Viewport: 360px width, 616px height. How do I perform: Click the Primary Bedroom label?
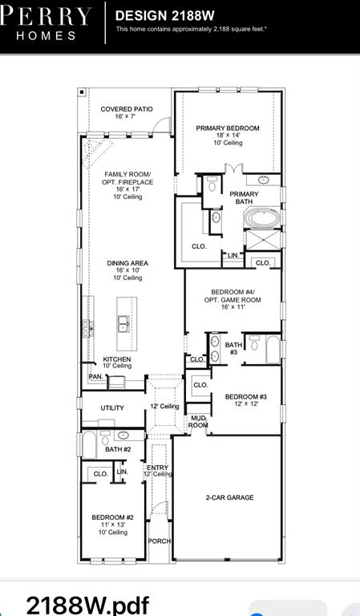[x=228, y=128]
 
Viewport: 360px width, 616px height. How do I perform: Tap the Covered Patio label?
[x=127, y=109]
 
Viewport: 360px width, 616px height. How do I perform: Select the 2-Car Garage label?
[x=229, y=497]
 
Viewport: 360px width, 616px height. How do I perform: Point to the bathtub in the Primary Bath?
[x=262, y=217]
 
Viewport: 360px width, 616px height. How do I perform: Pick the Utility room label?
[x=112, y=408]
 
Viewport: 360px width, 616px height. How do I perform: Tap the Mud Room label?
[x=198, y=422]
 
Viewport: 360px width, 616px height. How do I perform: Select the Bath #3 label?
[x=233, y=348]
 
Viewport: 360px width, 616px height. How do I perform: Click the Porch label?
[x=160, y=541]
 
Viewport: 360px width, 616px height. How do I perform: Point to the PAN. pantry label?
[x=95, y=376]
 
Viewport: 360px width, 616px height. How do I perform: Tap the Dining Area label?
[x=127, y=263]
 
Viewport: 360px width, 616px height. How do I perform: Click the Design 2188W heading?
[x=165, y=16]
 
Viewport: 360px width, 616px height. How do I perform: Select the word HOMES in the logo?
[x=47, y=36]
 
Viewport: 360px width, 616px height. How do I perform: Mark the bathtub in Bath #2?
[x=89, y=444]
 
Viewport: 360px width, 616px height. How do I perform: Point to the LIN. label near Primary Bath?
[x=233, y=255]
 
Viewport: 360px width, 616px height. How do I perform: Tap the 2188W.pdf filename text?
[x=87, y=605]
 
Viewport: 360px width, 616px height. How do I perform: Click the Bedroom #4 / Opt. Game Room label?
[x=233, y=296]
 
